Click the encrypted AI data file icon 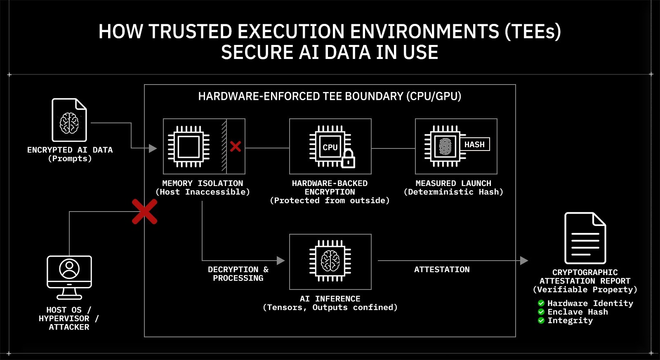point(69,120)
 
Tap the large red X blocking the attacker point(144,212)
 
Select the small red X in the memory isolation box point(236,146)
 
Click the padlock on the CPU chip point(349,159)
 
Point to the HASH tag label point(475,144)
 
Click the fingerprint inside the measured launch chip point(445,146)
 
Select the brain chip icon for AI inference point(330,261)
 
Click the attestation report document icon point(585,238)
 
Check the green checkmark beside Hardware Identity point(541,303)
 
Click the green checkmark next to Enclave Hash point(541,312)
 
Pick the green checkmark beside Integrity point(541,320)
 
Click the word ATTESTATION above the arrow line point(442,269)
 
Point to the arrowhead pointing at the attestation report point(524,261)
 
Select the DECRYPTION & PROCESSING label point(238,273)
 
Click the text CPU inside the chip point(330,147)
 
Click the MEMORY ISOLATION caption point(203,183)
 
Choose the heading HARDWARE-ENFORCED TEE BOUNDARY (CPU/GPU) point(330,96)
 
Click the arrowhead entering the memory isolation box point(153,148)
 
